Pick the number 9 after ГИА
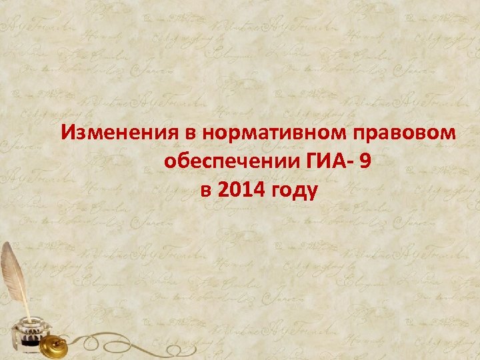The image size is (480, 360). tap(363, 162)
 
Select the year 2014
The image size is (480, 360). tap(239, 191)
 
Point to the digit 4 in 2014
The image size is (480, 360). tap(261, 191)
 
